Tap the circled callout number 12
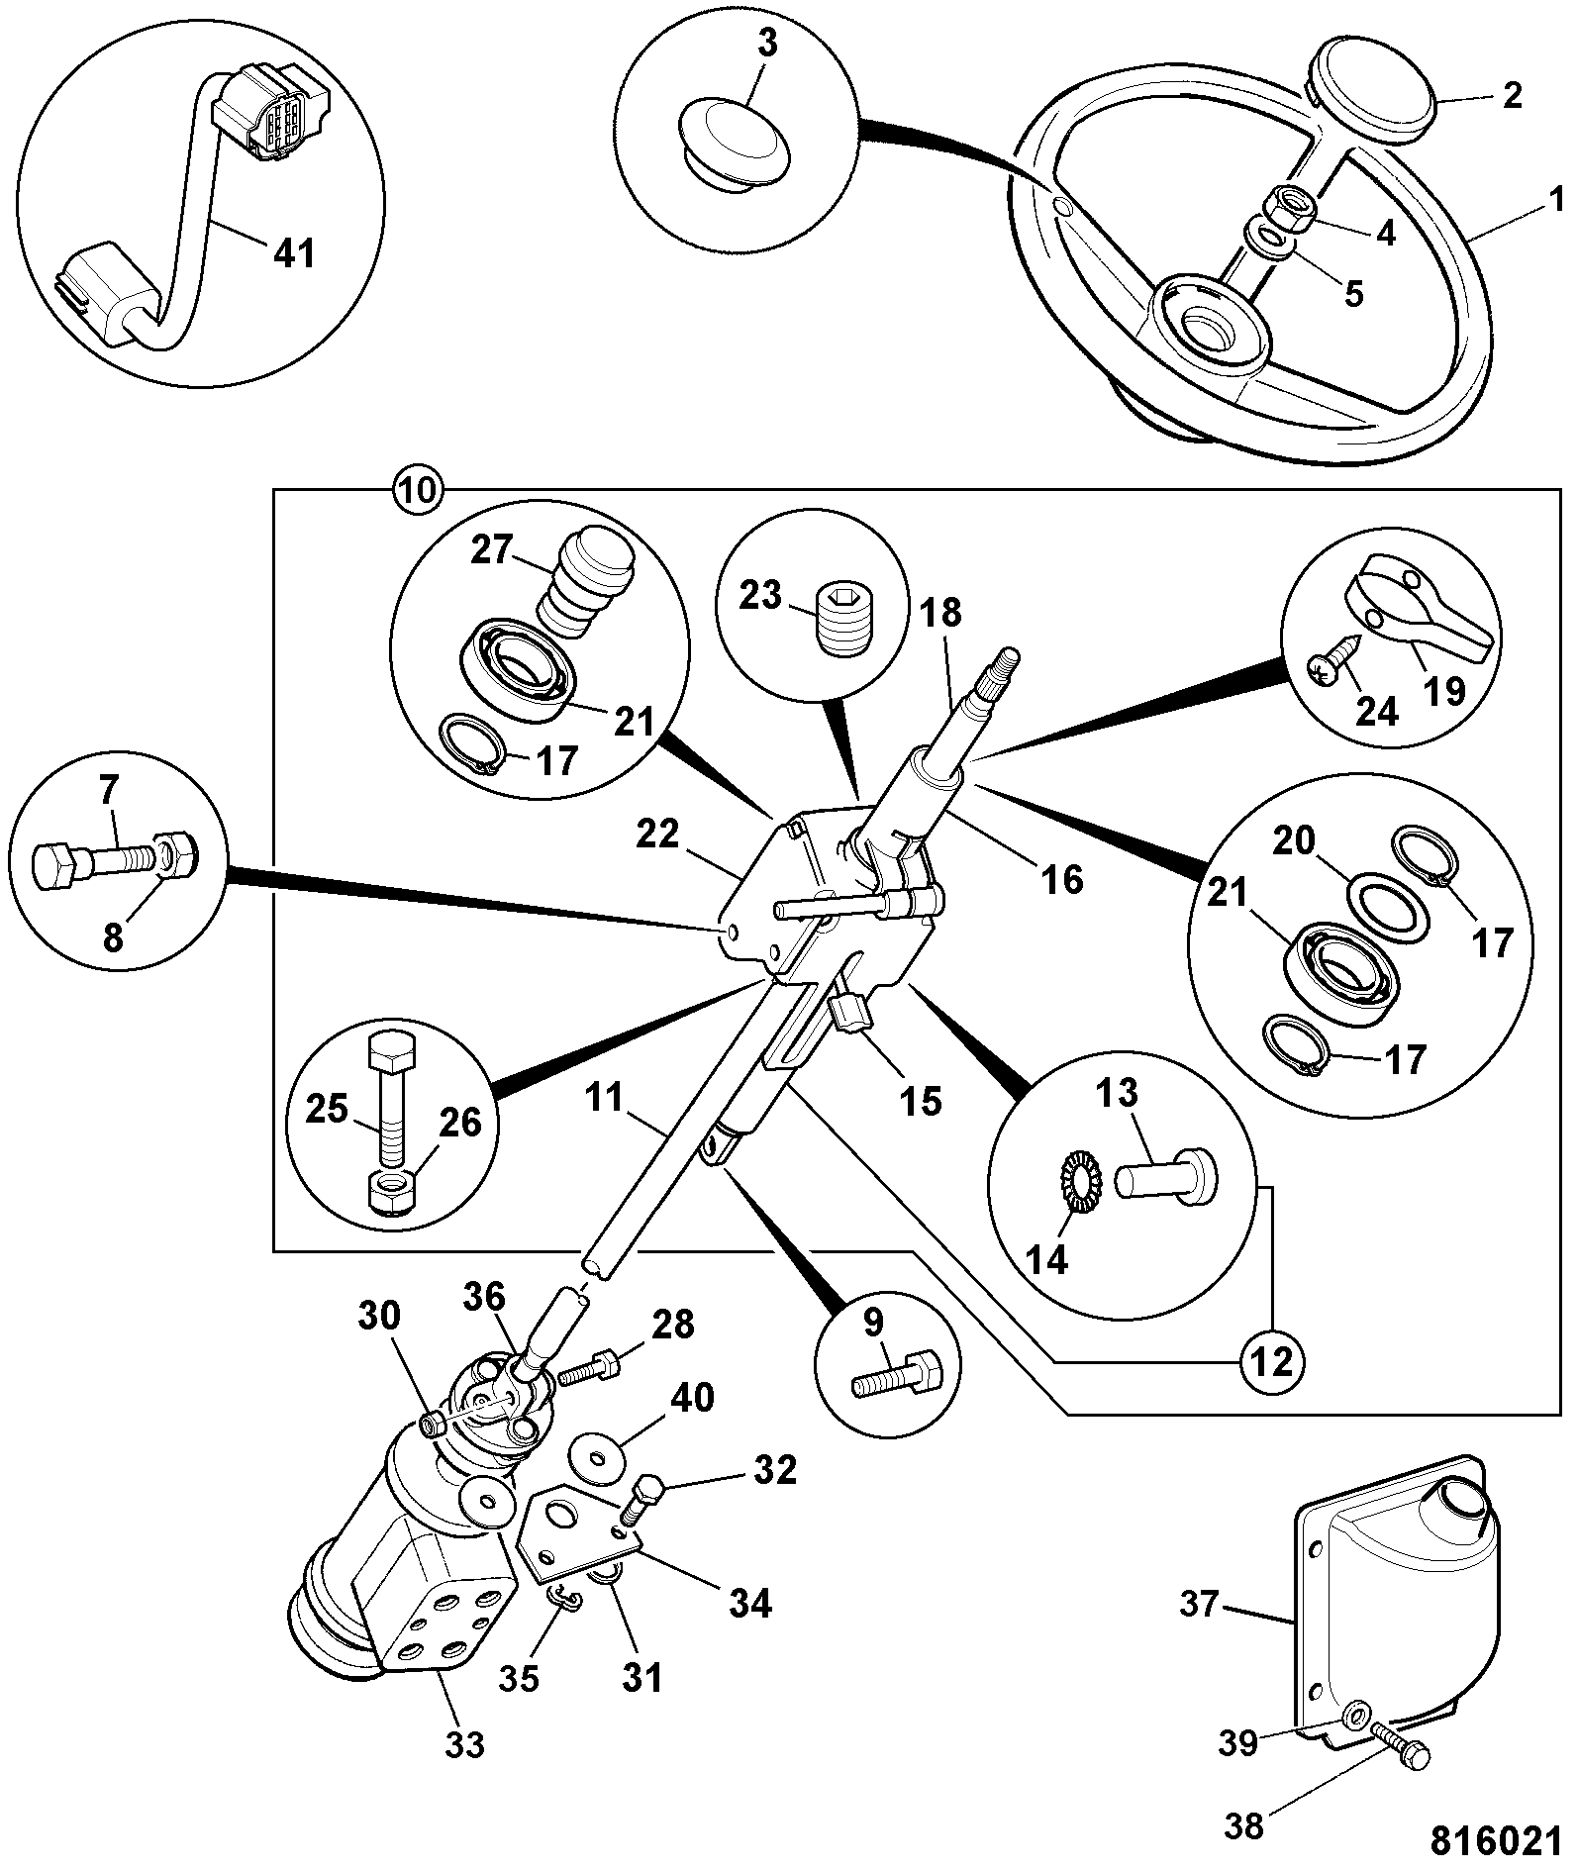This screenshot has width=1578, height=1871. click(1272, 1363)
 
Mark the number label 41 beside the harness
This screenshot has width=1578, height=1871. click(294, 254)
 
